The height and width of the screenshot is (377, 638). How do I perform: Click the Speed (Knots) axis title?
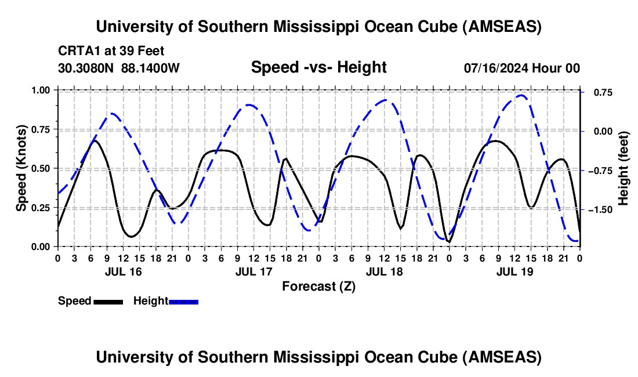point(21,168)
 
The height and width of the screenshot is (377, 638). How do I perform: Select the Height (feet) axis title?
point(623,168)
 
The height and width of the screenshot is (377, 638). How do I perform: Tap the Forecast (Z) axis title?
point(318,286)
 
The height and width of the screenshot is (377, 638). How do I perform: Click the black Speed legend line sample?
point(108,301)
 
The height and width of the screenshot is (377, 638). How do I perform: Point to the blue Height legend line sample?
point(183,301)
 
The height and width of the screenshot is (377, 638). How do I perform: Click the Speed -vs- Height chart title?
point(318,67)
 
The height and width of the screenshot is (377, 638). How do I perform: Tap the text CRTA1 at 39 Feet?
point(107,51)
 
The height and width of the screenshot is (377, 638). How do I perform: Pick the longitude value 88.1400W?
point(151,68)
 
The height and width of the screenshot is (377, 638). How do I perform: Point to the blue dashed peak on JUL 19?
point(521,96)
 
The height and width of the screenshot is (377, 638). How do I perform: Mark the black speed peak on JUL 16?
point(95,140)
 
